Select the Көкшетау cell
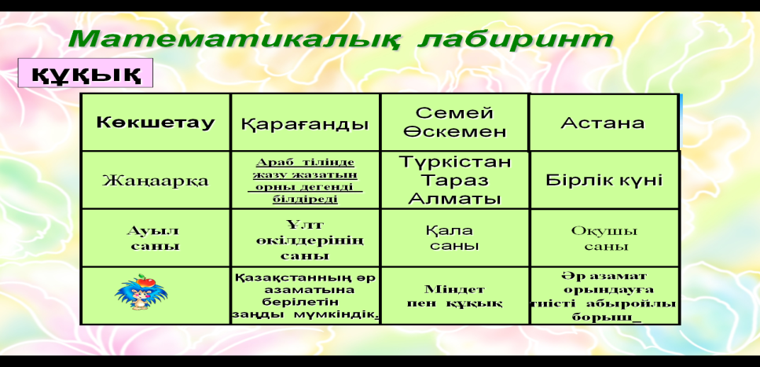[156, 123]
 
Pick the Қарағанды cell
[305, 123]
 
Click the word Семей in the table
[454, 113]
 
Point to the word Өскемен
[454, 132]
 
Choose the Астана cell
[603, 123]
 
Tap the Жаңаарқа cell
[156, 180]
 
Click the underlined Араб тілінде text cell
[306, 180]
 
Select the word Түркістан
[454, 162]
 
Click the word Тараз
[454, 180]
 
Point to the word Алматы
[454, 199]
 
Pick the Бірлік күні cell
[604, 180]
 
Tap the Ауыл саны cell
[155, 238]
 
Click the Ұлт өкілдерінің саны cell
[306, 238]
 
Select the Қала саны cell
[454, 238]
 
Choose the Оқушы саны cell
[604, 238]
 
